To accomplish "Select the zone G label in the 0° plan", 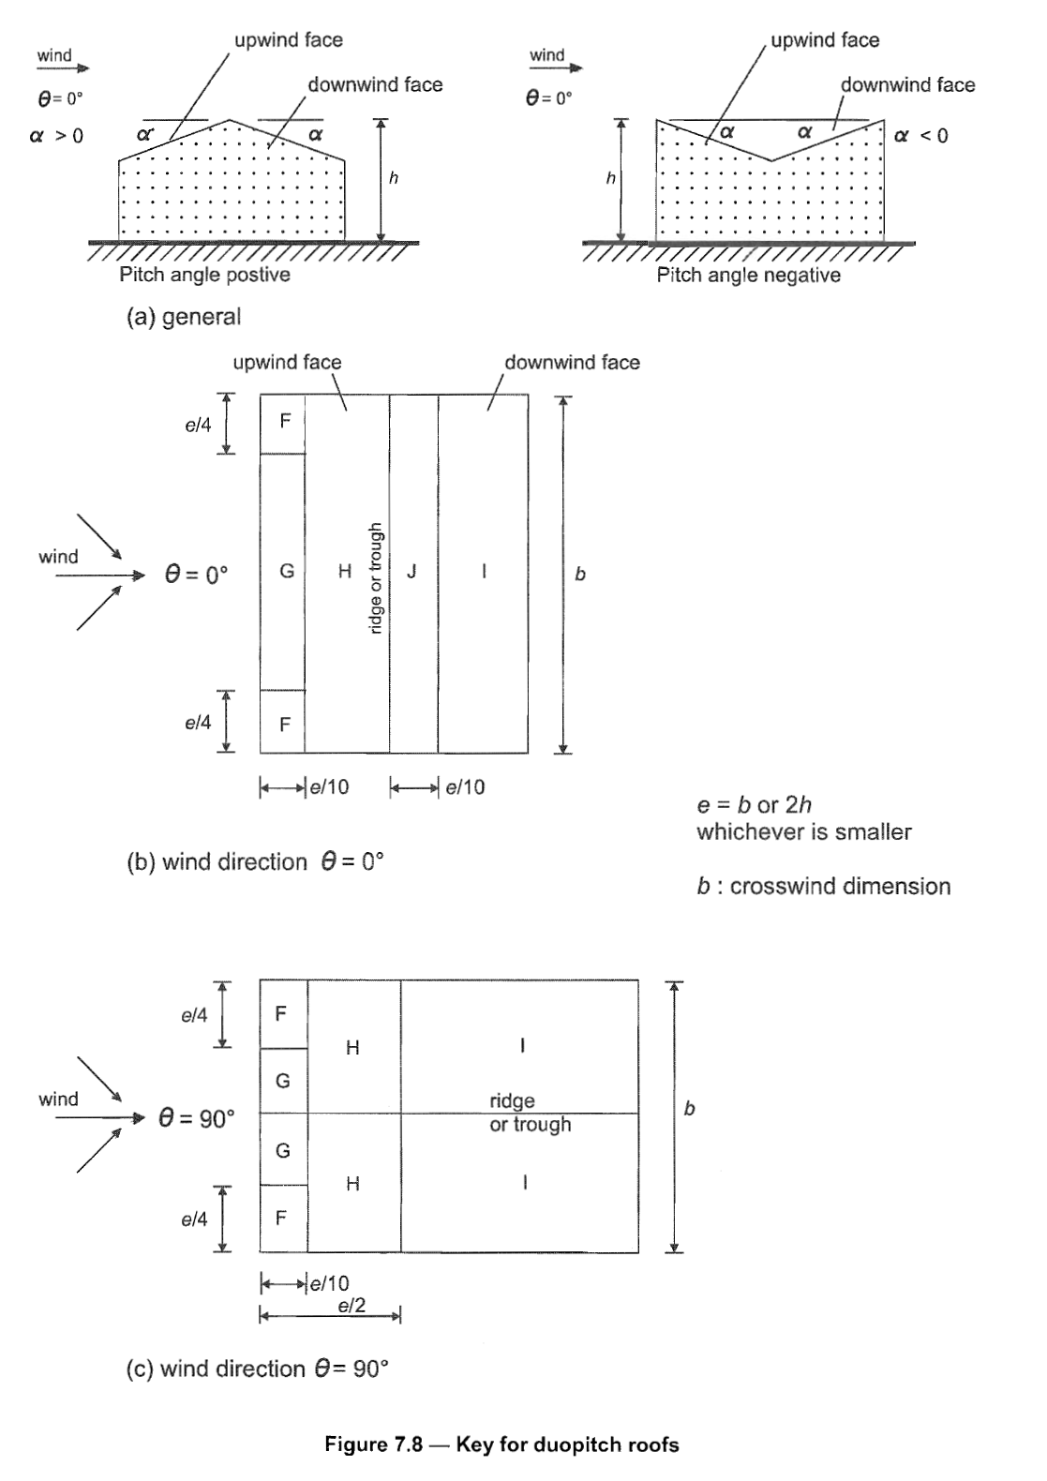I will point(287,571).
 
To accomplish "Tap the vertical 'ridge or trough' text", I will point(375,577).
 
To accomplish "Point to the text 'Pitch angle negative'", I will point(748,276).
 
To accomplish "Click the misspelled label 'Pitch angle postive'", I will point(204,276).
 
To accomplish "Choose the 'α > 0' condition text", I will point(56,136).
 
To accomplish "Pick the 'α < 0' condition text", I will point(920,136).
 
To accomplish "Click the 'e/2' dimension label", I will point(351,1306).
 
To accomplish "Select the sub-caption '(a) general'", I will point(184,317).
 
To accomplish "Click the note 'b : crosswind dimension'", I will point(823,886).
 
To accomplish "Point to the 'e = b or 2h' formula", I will point(754,804).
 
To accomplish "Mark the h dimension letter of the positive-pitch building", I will point(394,178).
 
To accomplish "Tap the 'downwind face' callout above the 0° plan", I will point(572,363).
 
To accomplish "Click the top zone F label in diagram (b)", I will point(285,421).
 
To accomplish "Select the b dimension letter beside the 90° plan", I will point(690,1109).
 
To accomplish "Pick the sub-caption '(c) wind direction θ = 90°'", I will point(257,1369).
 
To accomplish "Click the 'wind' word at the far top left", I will point(54,55).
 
